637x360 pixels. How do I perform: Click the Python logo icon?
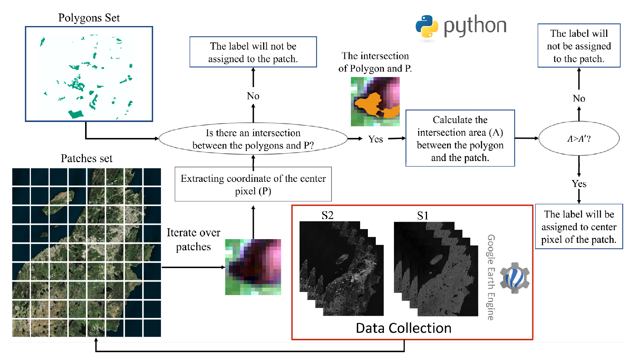[427, 26]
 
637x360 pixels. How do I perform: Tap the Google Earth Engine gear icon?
[515, 278]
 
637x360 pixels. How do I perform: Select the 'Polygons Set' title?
[89, 18]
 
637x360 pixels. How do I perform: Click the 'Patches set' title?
[87, 158]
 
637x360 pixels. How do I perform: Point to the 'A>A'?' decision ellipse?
[579, 139]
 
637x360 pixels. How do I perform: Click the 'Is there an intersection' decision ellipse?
[253, 139]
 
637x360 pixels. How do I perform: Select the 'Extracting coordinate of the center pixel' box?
[253, 184]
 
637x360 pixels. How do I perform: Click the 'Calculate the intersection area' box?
[460, 138]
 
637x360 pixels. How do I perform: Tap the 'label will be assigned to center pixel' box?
[579, 226]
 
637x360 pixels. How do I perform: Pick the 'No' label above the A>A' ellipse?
[579, 99]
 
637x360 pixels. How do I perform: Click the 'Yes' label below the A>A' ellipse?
[579, 184]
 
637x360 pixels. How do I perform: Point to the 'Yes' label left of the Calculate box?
[376, 139]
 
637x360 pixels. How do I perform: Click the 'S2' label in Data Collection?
[327, 215]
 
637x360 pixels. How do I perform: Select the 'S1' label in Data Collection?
[423, 216]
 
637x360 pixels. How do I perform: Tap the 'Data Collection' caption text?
[404, 328]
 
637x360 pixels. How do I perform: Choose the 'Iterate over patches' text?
[193, 240]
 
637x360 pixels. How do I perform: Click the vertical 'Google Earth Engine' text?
[491, 277]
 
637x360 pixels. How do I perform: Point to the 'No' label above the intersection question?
[253, 96]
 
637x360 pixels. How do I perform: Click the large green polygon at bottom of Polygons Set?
[76, 114]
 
